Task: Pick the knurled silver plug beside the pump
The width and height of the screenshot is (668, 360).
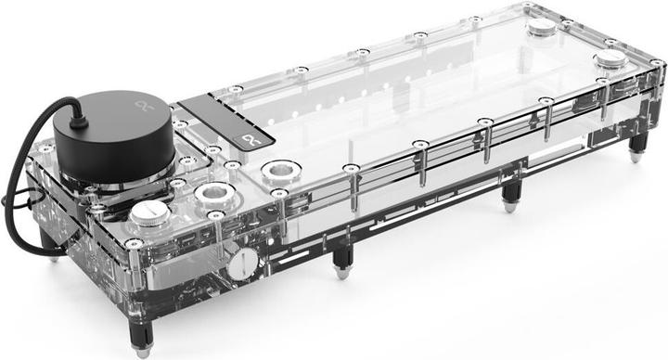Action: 148,214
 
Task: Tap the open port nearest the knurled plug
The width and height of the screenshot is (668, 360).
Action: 212,193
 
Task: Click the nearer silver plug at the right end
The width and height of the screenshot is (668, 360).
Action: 610,59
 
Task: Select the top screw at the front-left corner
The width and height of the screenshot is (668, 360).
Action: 135,243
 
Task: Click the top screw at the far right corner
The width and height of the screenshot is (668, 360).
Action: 656,62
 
